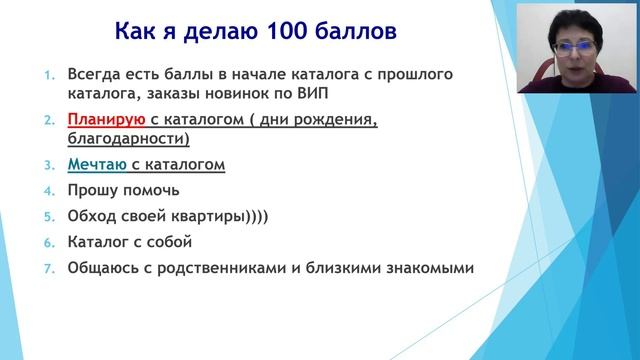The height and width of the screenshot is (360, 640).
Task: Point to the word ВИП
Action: (x=328, y=95)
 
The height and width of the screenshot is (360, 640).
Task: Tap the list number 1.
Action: (x=45, y=75)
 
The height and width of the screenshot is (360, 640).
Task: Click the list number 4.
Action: (x=45, y=190)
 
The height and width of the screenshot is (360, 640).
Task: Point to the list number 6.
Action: (x=45, y=242)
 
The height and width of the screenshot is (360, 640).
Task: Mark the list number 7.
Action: (x=45, y=268)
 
